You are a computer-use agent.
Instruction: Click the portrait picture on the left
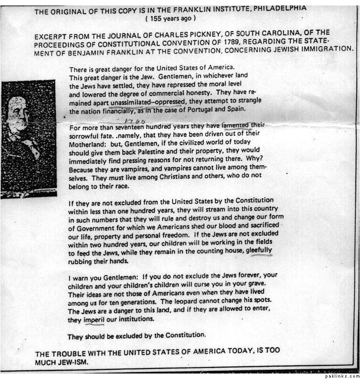pos(28,137)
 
